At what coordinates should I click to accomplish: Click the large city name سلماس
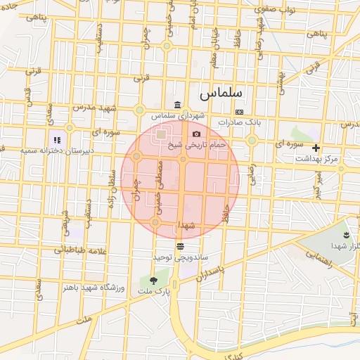(220, 93)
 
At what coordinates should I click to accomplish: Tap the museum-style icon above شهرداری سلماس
(177, 104)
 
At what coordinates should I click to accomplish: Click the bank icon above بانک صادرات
(240, 112)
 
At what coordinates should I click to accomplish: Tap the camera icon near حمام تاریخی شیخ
(196, 134)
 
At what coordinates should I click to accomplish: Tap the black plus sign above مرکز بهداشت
(316, 148)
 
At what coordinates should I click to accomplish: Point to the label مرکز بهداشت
(317, 159)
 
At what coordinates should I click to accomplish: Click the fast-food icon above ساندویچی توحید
(181, 246)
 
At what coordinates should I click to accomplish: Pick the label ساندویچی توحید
(180, 257)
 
